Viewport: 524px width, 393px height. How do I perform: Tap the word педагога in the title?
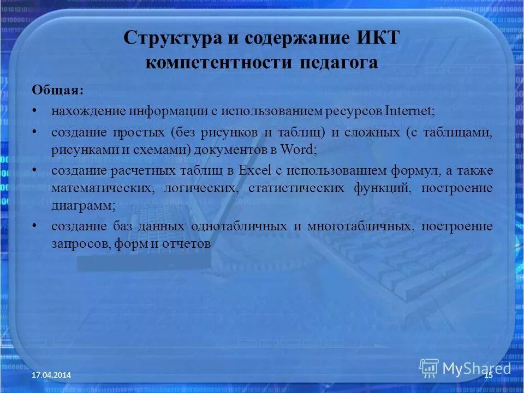338,62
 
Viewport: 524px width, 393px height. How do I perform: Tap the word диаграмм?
84,206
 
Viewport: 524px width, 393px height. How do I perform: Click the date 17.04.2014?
51,375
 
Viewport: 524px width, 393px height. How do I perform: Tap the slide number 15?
489,375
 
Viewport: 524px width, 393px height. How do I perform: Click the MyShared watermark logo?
465,367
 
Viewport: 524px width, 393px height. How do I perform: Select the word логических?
201,188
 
